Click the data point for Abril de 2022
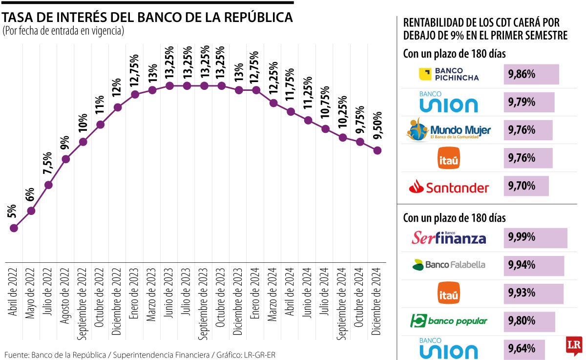click(x=14, y=228)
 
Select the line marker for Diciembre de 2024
click(x=377, y=150)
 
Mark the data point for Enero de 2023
click(x=135, y=94)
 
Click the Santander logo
click(x=449, y=187)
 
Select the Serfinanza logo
click(x=449, y=238)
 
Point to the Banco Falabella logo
click(x=449, y=265)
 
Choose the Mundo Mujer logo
click(x=449, y=130)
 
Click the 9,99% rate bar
click(x=535, y=237)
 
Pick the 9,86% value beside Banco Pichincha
click(x=522, y=74)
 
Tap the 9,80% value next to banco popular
click(x=522, y=321)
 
